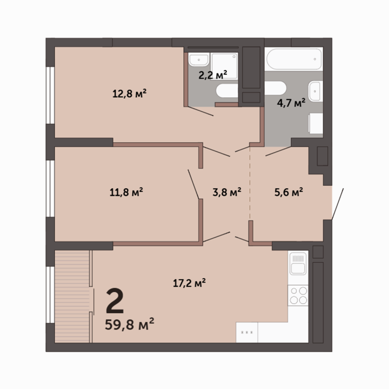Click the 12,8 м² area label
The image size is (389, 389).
click(x=129, y=94)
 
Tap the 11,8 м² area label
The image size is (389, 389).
click(x=126, y=192)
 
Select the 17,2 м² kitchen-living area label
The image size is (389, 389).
click(x=189, y=283)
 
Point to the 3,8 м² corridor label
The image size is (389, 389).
click(x=227, y=192)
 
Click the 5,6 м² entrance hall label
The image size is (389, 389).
click(x=289, y=192)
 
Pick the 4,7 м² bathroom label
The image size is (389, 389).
click(x=291, y=103)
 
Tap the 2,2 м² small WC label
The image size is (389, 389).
click(x=213, y=74)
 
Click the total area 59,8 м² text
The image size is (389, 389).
click(x=130, y=324)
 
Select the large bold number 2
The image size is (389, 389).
click(x=114, y=301)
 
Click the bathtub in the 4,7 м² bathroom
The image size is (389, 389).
click(x=294, y=59)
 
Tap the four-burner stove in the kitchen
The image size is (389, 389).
click(x=298, y=295)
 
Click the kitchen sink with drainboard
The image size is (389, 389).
click(x=298, y=264)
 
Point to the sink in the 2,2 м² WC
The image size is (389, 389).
click(x=199, y=60)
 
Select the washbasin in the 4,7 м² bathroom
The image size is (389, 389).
click(x=316, y=91)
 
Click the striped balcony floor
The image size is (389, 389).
click(x=72, y=296)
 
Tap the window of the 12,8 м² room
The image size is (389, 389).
click(x=50, y=95)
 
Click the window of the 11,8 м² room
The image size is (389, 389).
click(x=50, y=188)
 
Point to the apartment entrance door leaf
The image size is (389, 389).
click(x=338, y=204)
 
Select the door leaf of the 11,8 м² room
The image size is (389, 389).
click(x=193, y=184)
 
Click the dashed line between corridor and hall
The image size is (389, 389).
click(x=250, y=183)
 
